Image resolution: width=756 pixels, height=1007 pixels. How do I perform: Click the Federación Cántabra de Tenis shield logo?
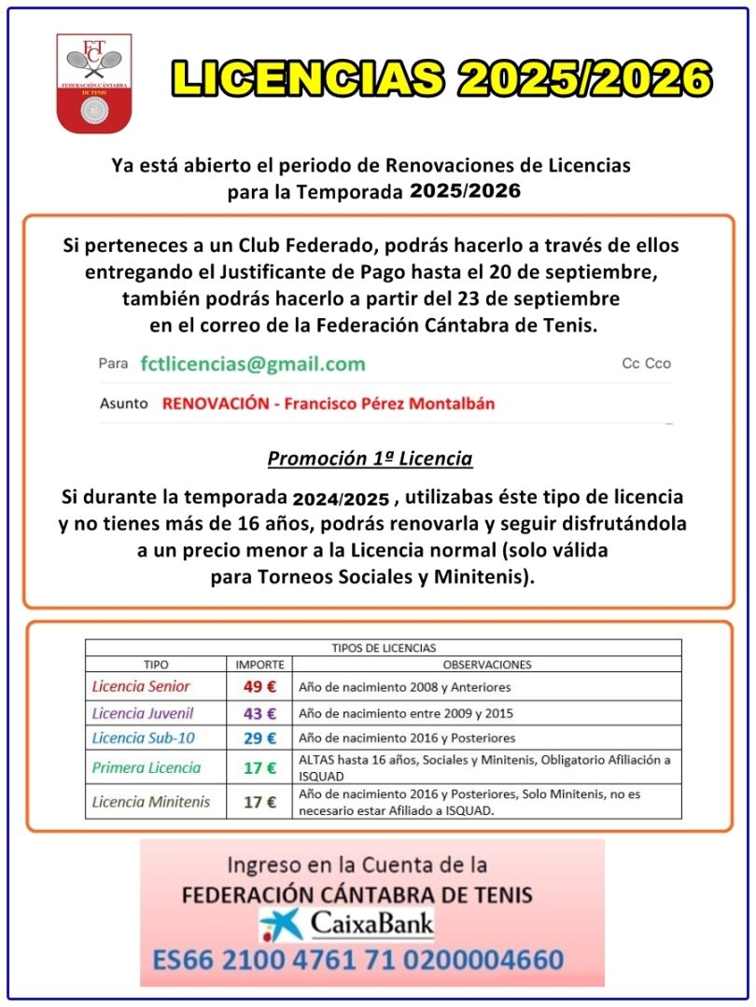(x=93, y=83)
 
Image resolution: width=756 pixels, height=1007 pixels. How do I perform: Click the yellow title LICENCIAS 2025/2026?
(x=441, y=79)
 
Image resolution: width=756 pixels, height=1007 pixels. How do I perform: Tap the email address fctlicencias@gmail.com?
(x=253, y=364)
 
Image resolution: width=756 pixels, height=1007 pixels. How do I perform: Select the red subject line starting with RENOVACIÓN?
(x=328, y=404)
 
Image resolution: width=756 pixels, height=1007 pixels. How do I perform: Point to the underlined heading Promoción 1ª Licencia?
(x=370, y=459)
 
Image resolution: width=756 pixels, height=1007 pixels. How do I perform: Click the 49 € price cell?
(x=259, y=687)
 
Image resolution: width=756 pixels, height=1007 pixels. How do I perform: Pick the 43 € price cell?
(x=259, y=713)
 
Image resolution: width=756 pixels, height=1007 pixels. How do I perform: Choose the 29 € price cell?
(x=259, y=738)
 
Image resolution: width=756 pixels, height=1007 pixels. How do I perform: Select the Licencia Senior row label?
(x=141, y=687)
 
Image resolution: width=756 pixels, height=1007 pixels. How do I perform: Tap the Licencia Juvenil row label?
(x=143, y=713)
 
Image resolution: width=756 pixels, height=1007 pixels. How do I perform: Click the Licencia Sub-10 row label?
(x=145, y=738)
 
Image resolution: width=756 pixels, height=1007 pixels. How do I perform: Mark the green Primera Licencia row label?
(x=147, y=768)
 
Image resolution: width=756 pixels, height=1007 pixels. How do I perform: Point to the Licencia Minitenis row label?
(x=151, y=801)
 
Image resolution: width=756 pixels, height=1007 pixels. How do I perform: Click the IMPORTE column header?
(x=259, y=665)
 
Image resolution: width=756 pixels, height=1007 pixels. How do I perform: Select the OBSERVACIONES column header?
(x=486, y=665)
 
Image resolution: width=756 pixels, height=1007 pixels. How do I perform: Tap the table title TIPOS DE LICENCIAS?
(x=384, y=647)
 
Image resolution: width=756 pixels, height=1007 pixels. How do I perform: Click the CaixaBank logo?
(x=346, y=924)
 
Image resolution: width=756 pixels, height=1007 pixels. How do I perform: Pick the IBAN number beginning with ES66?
(x=371, y=959)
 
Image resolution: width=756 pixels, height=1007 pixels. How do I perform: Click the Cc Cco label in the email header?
(x=646, y=364)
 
